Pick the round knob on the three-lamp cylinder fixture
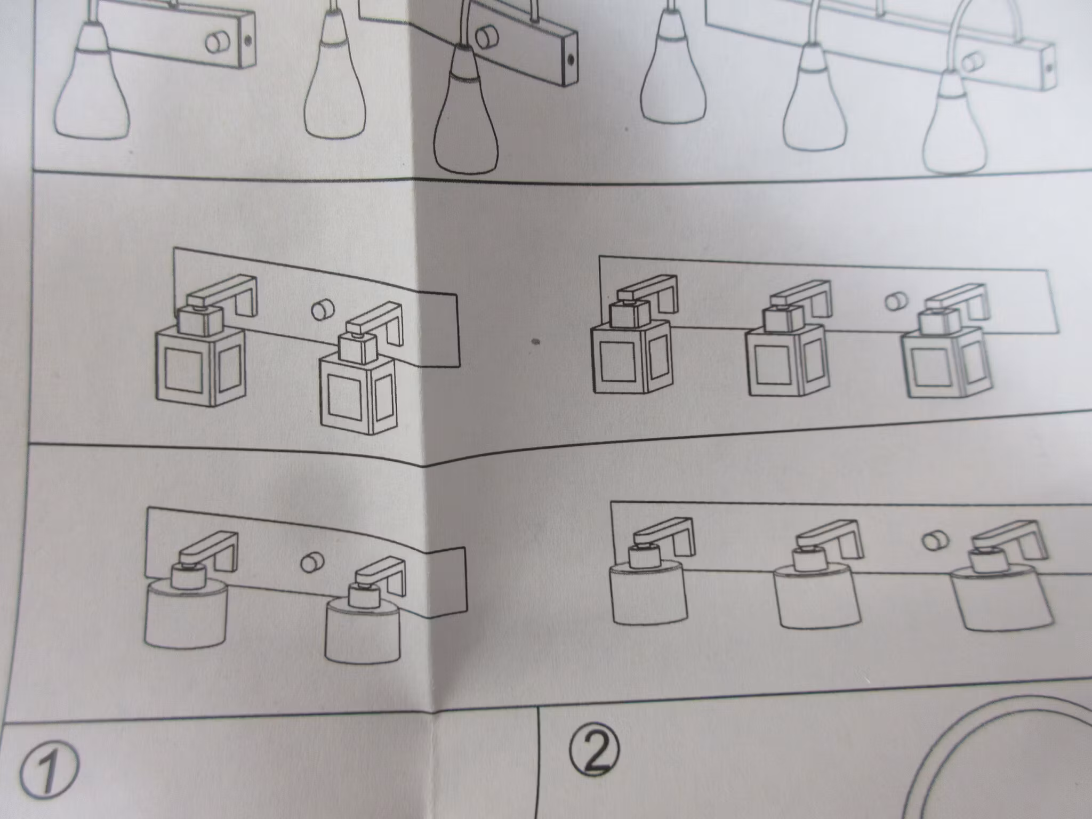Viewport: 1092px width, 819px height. click(x=933, y=541)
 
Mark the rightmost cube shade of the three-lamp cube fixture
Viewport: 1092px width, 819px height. click(x=943, y=363)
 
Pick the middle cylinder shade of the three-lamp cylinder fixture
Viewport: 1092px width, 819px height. click(x=818, y=597)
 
